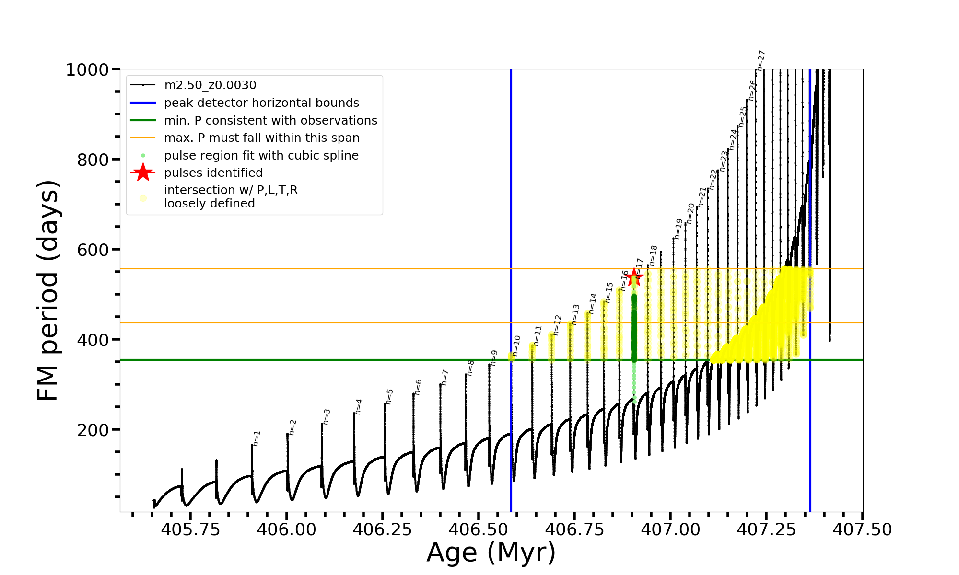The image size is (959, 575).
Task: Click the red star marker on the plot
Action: (x=634, y=277)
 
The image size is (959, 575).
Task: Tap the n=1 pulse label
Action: (x=257, y=438)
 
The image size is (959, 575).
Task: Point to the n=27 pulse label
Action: (x=761, y=60)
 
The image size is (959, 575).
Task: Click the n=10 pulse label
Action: (x=516, y=345)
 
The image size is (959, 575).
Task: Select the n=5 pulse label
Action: (x=390, y=397)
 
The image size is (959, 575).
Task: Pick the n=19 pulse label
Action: (x=678, y=229)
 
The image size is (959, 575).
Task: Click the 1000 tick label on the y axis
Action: (x=87, y=70)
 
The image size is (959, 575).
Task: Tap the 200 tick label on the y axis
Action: (x=93, y=430)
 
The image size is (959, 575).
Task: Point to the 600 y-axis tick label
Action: (x=93, y=250)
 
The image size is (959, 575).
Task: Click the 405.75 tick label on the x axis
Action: (x=190, y=529)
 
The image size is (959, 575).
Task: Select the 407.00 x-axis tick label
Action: (x=670, y=529)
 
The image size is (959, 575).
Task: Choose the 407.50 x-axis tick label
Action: (x=862, y=529)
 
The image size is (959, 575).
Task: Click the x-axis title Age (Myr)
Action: (x=491, y=552)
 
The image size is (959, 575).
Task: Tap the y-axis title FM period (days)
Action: (x=48, y=290)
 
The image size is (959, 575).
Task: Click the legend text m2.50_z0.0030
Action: (x=210, y=85)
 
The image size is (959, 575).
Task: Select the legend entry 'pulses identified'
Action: (x=213, y=172)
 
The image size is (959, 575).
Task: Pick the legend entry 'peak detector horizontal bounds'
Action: (x=261, y=103)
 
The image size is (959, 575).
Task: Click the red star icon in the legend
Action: (x=143, y=172)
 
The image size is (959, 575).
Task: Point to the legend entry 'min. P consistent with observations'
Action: (x=270, y=120)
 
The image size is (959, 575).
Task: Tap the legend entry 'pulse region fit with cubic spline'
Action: (x=261, y=156)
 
